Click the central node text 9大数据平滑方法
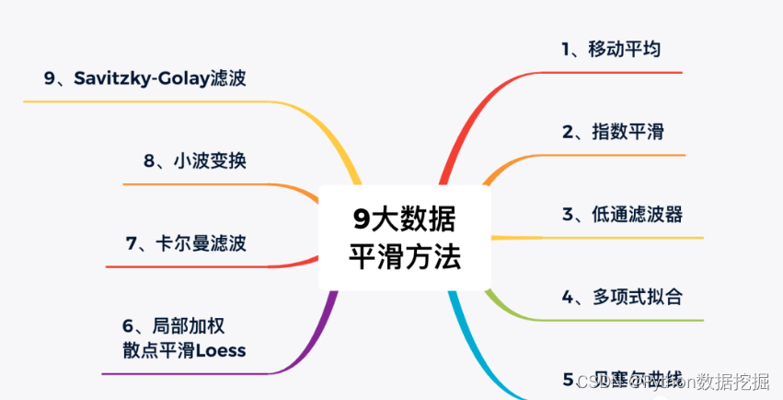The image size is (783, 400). click(404, 237)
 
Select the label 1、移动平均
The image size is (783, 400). click(611, 49)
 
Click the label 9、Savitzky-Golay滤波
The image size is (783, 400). click(144, 78)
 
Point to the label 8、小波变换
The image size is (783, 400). click(194, 161)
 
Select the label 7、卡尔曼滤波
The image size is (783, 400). click(186, 243)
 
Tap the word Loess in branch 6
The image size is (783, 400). click(219, 350)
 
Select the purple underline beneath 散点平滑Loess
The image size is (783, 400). click(184, 373)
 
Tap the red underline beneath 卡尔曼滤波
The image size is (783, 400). click(184, 266)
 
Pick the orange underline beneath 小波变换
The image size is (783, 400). click(202, 184)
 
